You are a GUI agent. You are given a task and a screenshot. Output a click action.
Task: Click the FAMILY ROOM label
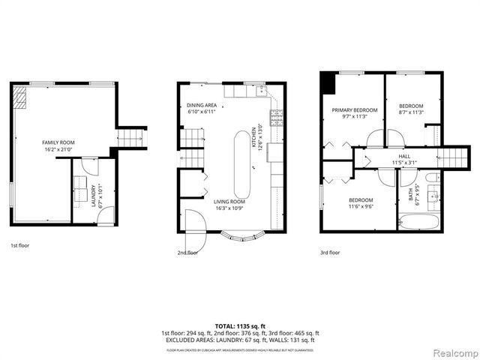coord(57,142)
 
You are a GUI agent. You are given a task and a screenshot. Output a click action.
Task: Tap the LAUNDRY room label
coord(94,194)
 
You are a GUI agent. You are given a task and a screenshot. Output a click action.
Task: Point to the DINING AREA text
coord(202,105)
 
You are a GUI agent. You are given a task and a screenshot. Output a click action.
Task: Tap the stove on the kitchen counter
coord(275,116)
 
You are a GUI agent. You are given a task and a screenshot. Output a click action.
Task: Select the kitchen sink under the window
coord(261,91)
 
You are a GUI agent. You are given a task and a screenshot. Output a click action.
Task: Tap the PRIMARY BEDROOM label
coord(354,109)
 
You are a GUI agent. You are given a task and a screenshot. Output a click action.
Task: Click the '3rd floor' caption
coord(330,253)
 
